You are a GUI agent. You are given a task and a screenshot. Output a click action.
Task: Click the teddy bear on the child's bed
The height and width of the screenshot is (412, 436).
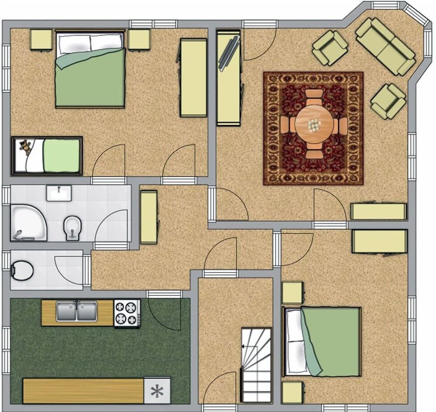pyautogui.click(x=26, y=148)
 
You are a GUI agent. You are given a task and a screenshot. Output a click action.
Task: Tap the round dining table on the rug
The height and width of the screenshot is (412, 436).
pyautogui.click(x=314, y=125)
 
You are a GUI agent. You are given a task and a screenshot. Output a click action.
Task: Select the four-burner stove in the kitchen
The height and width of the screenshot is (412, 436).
pyautogui.click(x=127, y=313)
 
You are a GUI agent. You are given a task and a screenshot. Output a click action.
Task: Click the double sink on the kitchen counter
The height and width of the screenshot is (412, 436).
pyautogui.click(x=77, y=311)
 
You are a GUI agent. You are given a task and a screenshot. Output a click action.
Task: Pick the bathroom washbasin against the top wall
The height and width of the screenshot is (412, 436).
pyautogui.click(x=59, y=193)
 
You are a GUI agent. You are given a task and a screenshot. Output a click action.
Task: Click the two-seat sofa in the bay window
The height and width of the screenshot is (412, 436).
pyautogui.click(x=385, y=46)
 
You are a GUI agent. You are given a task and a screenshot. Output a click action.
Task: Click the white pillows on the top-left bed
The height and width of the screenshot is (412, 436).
pyautogui.click(x=90, y=42)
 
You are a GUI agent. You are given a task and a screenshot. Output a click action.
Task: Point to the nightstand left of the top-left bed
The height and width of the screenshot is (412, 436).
pyautogui.click(x=41, y=40)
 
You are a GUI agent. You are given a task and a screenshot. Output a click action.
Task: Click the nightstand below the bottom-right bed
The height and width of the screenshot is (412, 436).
pyautogui.click(x=292, y=392)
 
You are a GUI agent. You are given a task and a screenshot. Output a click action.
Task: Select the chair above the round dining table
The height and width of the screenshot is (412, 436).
pyautogui.click(x=314, y=96)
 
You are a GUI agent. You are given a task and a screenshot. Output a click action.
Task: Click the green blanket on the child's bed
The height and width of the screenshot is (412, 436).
pyautogui.click(x=61, y=155)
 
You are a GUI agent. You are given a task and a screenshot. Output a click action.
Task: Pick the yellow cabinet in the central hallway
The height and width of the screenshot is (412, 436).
pyautogui.click(x=149, y=217)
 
